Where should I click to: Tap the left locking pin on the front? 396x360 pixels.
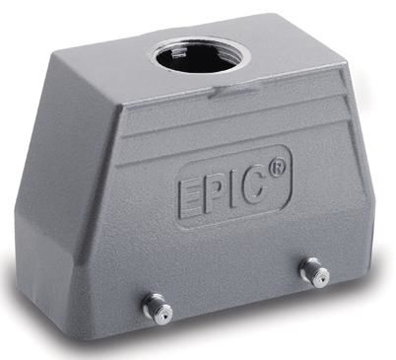coord(157,309)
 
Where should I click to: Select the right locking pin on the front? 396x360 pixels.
coord(314,272)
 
